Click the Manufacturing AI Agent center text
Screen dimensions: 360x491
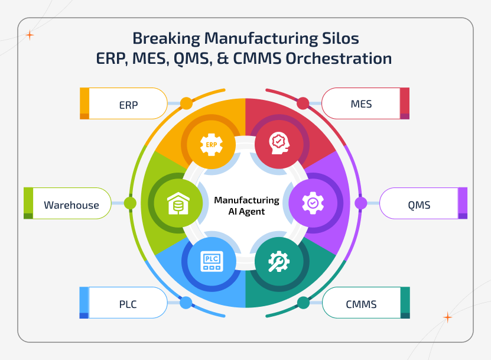(x=246, y=206)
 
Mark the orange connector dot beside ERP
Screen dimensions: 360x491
(x=186, y=103)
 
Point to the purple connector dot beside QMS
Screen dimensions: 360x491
(x=360, y=203)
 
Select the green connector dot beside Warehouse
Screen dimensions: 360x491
(x=130, y=203)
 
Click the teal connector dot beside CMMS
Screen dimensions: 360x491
(x=303, y=303)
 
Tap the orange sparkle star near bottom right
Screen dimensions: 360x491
(x=447, y=317)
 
